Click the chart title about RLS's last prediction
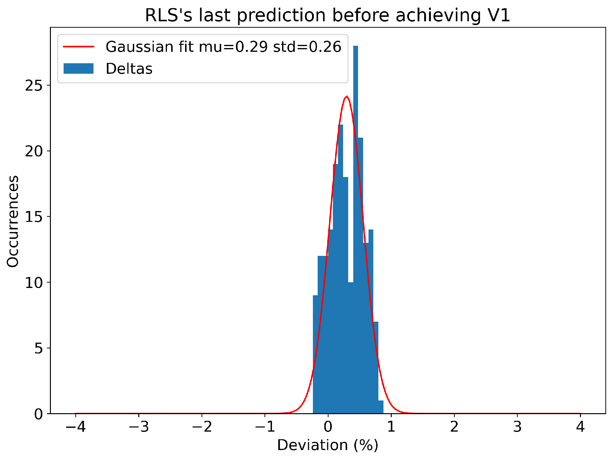click(328, 15)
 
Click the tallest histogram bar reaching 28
click(355, 222)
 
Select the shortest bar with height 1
click(381, 407)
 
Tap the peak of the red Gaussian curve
click(347, 96)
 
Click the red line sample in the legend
click(79, 47)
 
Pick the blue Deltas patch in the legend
click(79, 69)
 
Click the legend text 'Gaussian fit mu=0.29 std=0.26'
click(223, 47)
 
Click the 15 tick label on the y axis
click(34, 217)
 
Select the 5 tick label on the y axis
click(38, 348)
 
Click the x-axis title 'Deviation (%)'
click(328, 446)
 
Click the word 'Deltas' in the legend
click(129, 69)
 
